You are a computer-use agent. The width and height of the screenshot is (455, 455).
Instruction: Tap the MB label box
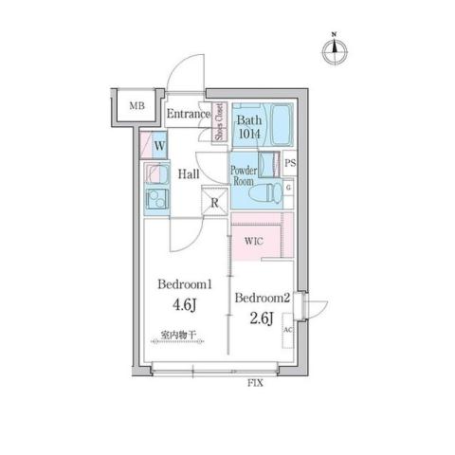tap(137, 105)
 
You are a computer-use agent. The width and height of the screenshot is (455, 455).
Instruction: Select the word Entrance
tap(187, 115)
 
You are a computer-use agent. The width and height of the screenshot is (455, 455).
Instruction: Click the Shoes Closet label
tap(217, 122)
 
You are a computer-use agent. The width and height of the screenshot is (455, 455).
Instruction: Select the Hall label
tap(187, 174)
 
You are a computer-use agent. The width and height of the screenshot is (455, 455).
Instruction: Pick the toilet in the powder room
tap(272, 192)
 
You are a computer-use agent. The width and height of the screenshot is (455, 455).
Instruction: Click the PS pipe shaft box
tap(290, 164)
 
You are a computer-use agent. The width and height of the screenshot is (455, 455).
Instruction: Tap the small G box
tap(289, 188)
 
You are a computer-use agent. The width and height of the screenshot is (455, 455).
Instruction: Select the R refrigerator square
tap(215, 202)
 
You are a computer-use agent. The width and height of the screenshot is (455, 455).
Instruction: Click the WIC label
tap(254, 241)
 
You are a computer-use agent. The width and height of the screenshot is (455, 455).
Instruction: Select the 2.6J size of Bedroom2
tap(262, 318)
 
